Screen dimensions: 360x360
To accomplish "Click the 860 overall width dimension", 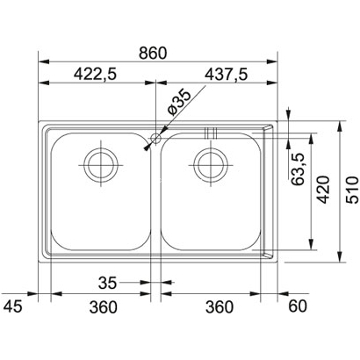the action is [x=153, y=54].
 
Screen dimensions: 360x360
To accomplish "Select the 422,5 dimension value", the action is [x=95, y=75].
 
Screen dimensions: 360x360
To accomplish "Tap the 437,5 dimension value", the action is [x=227, y=75].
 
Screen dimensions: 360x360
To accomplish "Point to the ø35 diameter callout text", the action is [x=179, y=103].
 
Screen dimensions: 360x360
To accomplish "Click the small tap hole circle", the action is [x=155, y=138].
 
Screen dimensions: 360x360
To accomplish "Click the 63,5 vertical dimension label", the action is [x=299, y=169].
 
